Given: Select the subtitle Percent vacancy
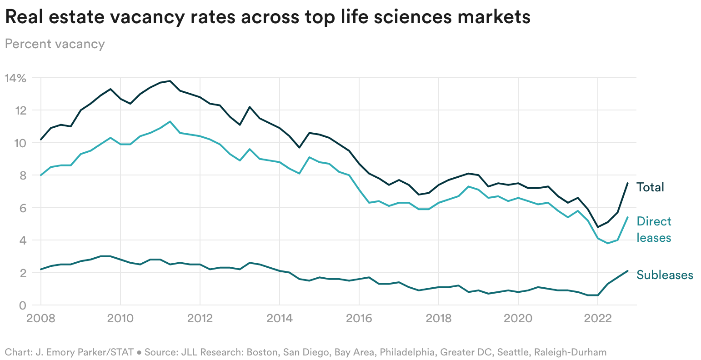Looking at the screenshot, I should [x=55, y=44].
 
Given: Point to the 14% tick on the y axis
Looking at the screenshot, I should [x=15, y=78].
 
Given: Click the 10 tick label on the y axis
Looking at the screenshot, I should [x=20, y=143].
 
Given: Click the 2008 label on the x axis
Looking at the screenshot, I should [x=41, y=318].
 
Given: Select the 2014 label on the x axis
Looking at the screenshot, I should [x=279, y=318].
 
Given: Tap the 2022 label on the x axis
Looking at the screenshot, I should [x=597, y=318].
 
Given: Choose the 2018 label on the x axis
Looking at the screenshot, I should [x=438, y=318].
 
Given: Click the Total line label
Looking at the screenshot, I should [x=650, y=187].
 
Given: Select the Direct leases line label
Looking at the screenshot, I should [x=654, y=230].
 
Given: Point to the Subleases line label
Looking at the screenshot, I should [x=665, y=275].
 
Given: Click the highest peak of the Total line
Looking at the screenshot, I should [x=170, y=81].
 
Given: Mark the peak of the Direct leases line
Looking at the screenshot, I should [x=170, y=121].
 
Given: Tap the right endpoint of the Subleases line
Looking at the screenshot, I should [x=627, y=271].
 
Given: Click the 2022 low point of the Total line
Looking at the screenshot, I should [x=597, y=227].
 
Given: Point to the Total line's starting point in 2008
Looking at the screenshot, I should [x=41, y=140].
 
